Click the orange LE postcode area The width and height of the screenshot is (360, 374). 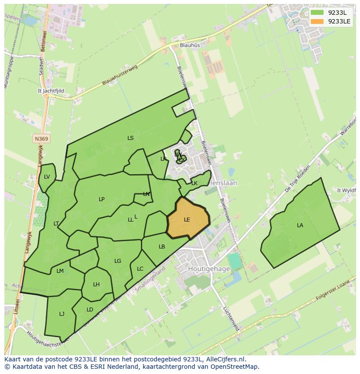click(187, 218)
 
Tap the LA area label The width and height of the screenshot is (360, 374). click(300, 225)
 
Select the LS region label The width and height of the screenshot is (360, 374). click(130, 138)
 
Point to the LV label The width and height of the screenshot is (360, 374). click(47, 176)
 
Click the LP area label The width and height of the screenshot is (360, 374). click(102, 199)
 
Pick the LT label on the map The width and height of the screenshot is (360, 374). click(56, 224)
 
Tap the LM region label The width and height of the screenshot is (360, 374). click(60, 271)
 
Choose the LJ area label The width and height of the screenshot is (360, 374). click(62, 314)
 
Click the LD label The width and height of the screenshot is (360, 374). click(90, 310)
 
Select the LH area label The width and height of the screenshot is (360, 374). click(96, 285)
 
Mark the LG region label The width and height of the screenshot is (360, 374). click(117, 261)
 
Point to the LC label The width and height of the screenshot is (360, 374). click(140, 269)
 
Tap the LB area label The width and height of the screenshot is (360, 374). click(162, 247)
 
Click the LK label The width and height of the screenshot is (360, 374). click(194, 183)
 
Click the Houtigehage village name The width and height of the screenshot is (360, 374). click(209, 269)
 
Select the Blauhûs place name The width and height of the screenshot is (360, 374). click(190, 45)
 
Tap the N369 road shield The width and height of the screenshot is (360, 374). click(41, 139)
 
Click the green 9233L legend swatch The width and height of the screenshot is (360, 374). click(317, 13)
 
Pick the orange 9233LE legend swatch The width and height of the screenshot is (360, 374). click(317, 21)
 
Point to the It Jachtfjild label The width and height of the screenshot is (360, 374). click(51, 91)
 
